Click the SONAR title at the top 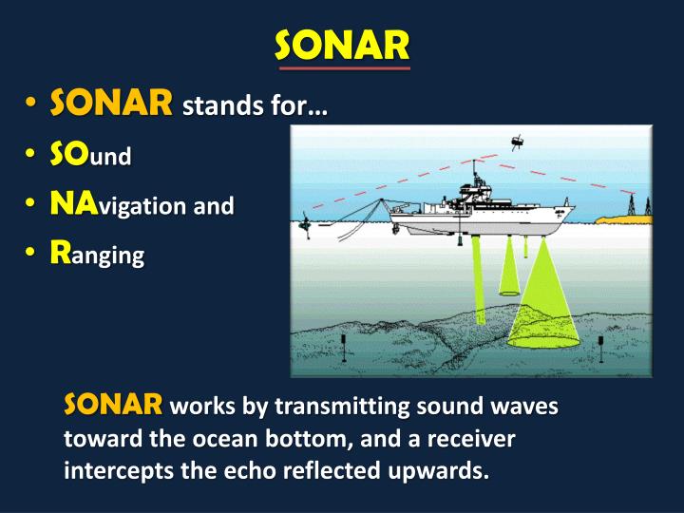coord(342,44)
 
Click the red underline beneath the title coord(342,68)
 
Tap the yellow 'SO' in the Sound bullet coord(69,155)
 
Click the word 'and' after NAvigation coord(214,205)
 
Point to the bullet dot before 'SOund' coord(32,156)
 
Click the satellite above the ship coord(516,142)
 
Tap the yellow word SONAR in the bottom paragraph coord(113,407)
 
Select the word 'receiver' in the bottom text coord(481,438)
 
